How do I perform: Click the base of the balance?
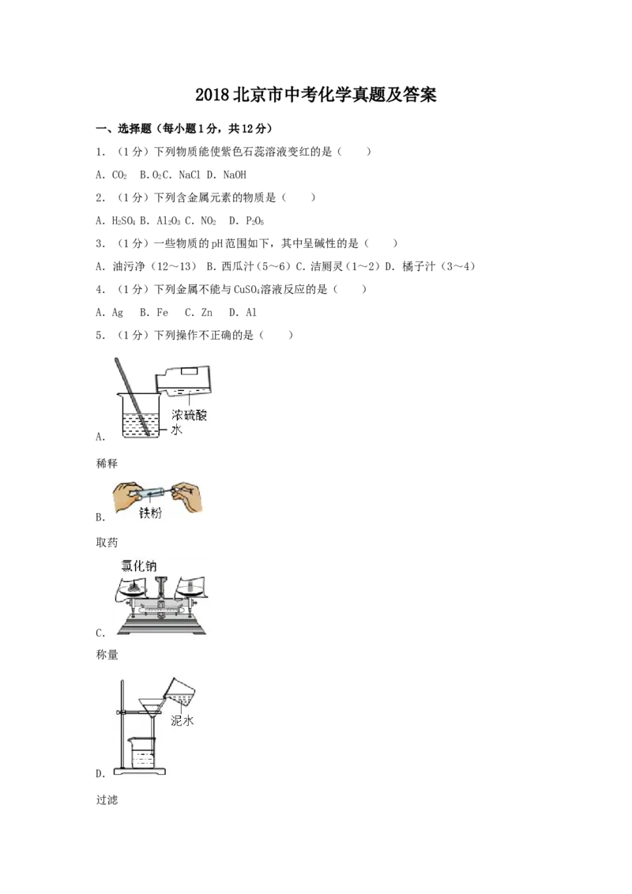(161, 627)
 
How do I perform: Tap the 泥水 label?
(182, 720)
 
